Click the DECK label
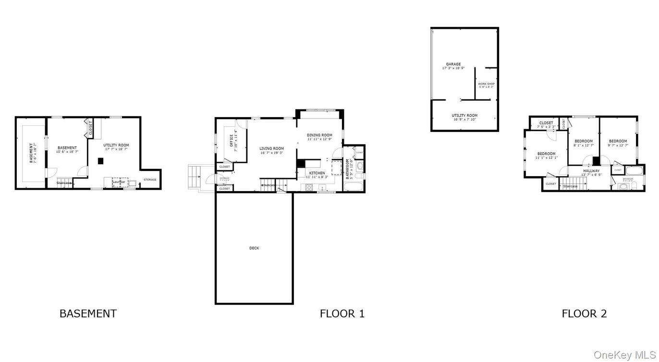[254, 248]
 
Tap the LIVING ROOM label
[272, 148]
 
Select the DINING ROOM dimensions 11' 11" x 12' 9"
[320, 139]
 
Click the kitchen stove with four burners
[309, 187]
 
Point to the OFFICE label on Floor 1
[232, 140]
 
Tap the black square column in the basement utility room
[100, 161]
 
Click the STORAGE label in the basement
[150, 180]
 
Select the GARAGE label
[453, 64]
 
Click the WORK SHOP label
[486, 84]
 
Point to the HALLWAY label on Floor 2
[591, 170]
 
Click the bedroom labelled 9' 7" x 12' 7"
[618, 141]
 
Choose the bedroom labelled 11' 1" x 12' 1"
[547, 154]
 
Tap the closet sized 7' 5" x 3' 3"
[546, 123]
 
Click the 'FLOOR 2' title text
[584, 314]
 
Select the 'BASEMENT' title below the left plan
[88, 314]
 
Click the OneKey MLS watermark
[624, 355]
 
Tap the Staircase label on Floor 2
[570, 186]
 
